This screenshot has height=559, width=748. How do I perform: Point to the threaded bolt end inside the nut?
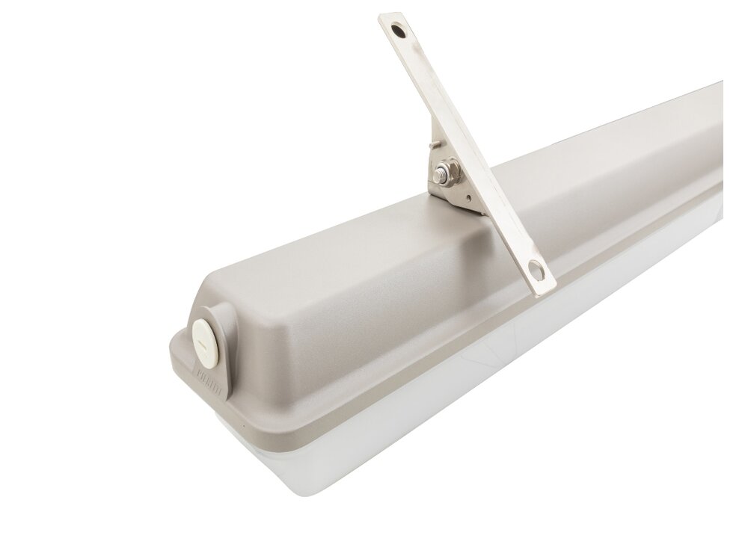[x=447, y=173]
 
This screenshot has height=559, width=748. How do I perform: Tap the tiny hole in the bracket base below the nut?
[x=468, y=198]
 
